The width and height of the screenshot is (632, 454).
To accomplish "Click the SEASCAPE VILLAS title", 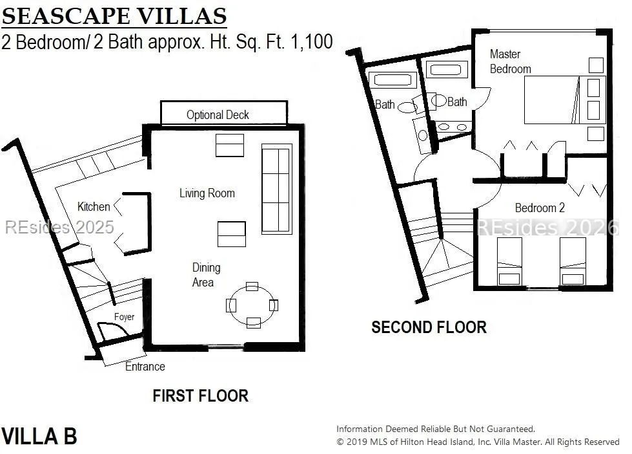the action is pos(114,16).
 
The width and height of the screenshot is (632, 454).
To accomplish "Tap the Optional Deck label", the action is pos(218,115).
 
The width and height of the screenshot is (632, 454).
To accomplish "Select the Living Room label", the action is pos(207,193).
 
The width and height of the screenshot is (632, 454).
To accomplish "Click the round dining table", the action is pos(252,306).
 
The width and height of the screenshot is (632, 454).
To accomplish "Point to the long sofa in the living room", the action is pos(276,189).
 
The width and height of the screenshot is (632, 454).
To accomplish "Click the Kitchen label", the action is pos(94,207).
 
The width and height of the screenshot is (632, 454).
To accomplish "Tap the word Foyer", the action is pos(124,317).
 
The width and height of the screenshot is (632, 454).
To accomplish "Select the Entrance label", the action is pos(145,367).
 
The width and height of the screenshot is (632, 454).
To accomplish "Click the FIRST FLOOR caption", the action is pos(200,396).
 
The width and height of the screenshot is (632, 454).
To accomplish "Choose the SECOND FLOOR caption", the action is pos(429,327).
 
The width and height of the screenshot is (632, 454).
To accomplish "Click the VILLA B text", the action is pos(39,437).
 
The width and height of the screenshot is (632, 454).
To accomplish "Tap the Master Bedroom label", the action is pos(510,61).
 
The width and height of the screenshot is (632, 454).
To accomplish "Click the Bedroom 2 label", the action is pos(540,208).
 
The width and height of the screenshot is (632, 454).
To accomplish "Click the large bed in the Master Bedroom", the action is pos(565,100).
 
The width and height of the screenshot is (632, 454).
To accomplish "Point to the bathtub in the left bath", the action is pos(392,80).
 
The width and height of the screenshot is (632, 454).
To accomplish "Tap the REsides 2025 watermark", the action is pos(59,228).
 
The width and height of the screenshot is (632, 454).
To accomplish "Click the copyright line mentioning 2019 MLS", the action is pos(478,442).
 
